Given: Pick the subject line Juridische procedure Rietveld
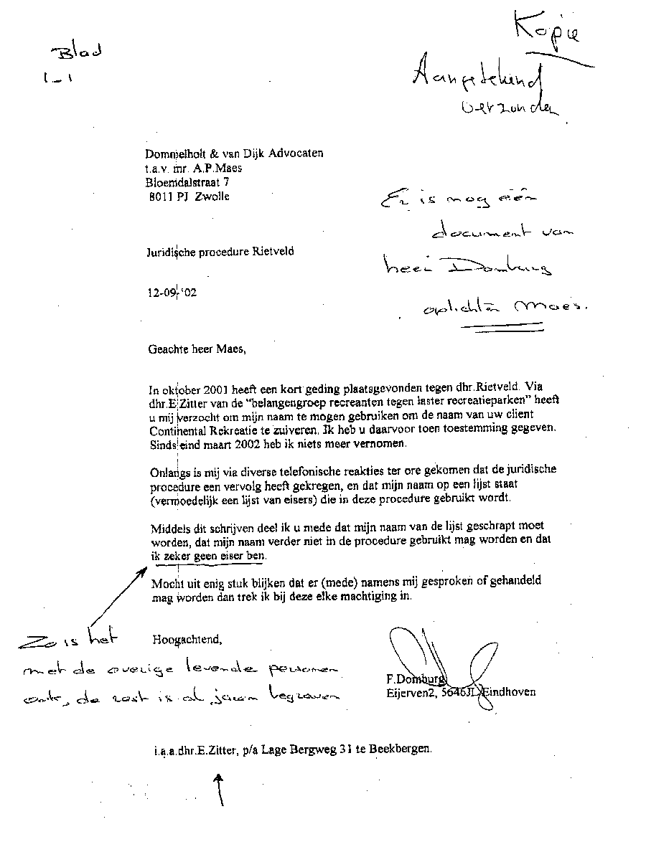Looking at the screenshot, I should (219, 252).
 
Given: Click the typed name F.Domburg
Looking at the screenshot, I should (415, 678).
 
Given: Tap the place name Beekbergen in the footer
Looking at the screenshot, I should (401, 749).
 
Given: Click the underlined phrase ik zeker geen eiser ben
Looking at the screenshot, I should (208, 556).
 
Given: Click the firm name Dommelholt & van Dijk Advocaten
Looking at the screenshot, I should (234, 153).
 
